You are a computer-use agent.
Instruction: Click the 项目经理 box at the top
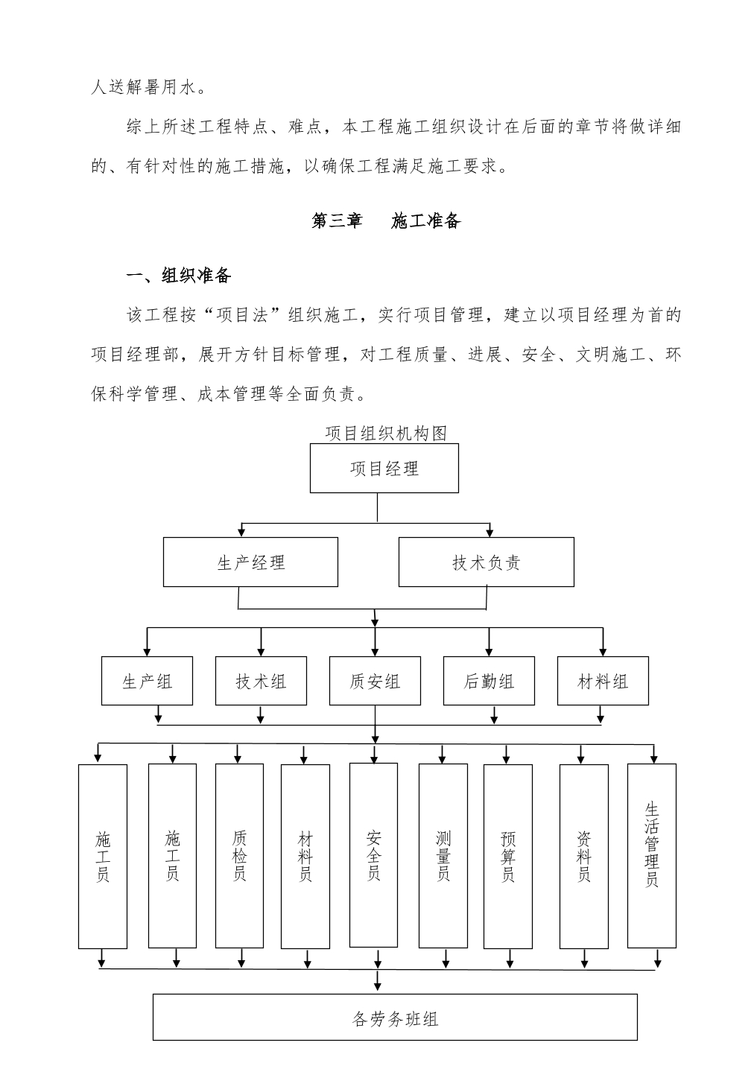point(384,469)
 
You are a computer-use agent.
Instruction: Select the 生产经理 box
point(250,562)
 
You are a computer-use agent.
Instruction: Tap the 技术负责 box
point(486,562)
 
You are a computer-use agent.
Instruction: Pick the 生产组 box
point(147,681)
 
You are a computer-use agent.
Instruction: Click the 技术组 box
point(261,681)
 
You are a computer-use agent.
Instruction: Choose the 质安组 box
point(375,681)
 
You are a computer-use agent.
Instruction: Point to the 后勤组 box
point(489,681)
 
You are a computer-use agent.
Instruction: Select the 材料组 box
point(603,681)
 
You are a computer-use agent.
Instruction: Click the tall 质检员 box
point(239,856)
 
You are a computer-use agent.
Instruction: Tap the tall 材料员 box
point(305,856)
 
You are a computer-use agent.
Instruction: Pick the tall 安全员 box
point(374,855)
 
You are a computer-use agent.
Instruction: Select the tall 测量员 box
point(443,856)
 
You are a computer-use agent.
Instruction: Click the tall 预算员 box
point(508,856)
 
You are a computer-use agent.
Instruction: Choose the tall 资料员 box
point(584,856)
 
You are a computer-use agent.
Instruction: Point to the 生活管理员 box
point(652,856)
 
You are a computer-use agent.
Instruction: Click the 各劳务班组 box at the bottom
point(395,1017)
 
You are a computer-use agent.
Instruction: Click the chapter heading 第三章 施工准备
point(386,221)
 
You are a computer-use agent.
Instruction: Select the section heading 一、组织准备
point(179,275)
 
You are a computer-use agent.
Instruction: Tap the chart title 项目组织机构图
point(386,433)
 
